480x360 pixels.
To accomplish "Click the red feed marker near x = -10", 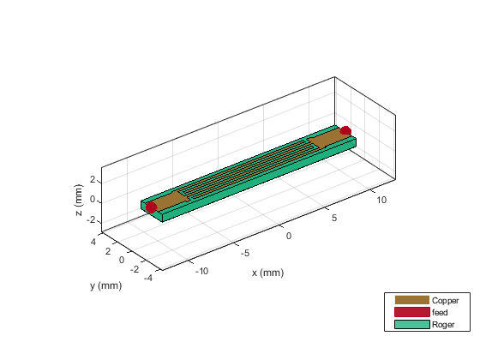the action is (151, 207).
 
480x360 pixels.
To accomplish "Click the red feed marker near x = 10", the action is (345, 130).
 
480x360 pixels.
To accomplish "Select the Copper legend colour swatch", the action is (411, 300).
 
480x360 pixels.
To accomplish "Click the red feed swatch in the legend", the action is (411, 312).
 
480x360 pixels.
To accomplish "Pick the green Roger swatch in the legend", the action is (411, 324).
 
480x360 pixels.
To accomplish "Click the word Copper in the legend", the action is (445, 301).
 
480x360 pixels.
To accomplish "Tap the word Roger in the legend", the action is (443, 325).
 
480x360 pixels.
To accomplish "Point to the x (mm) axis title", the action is (267, 273).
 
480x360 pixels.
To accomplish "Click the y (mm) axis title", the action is (106, 285).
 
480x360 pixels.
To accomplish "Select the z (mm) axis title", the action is (79, 200).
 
